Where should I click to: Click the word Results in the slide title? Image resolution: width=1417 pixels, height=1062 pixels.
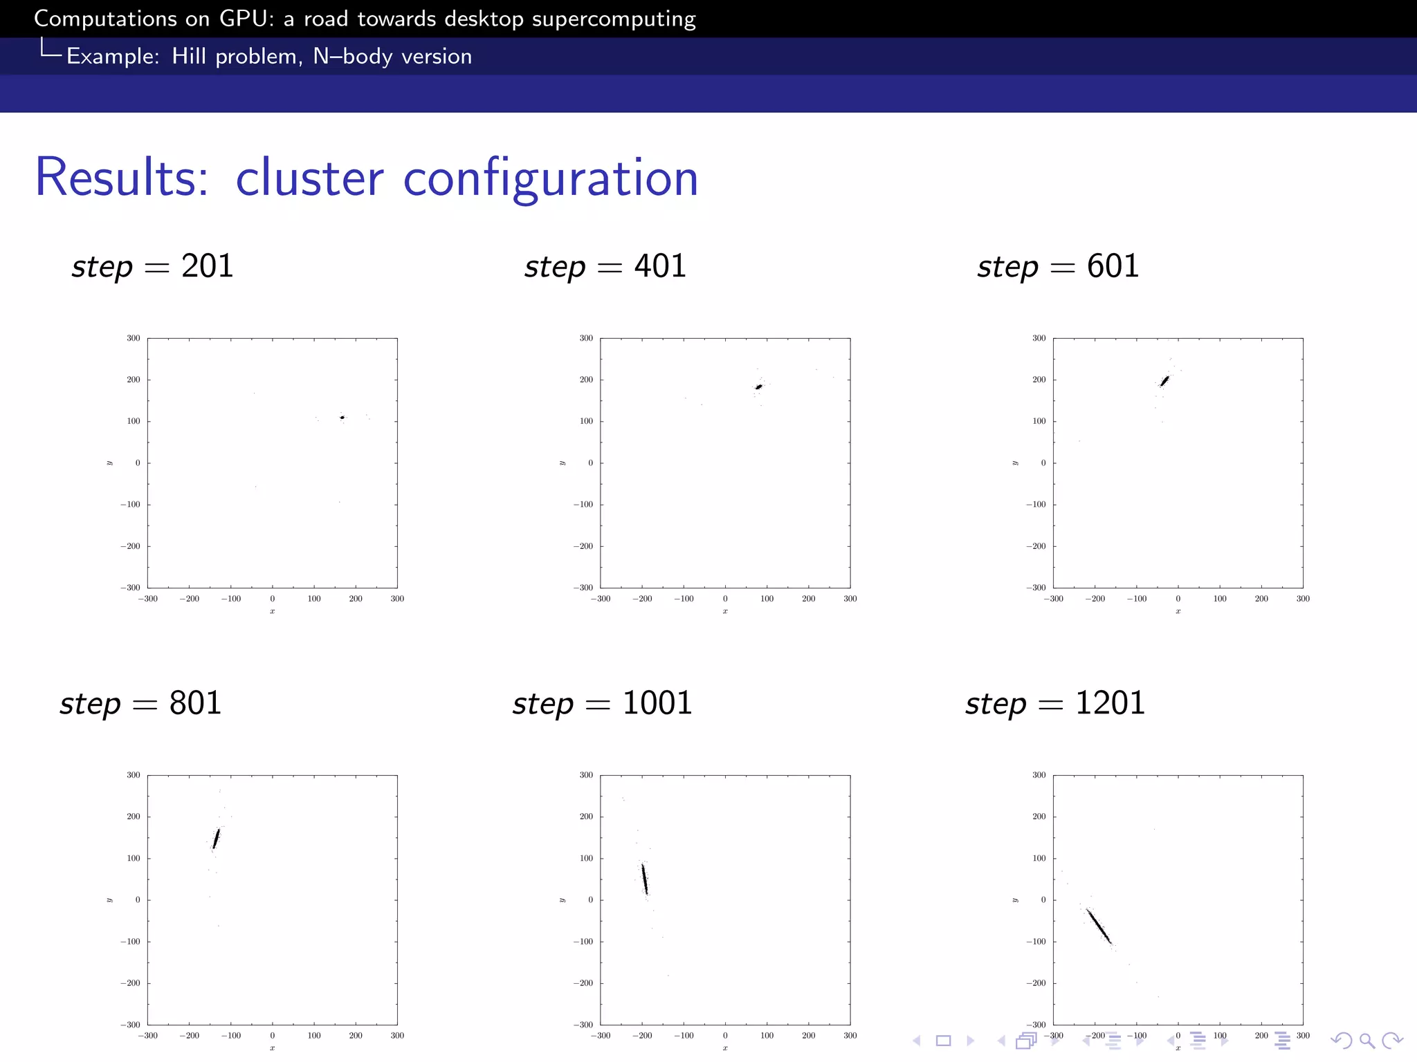(121, 178)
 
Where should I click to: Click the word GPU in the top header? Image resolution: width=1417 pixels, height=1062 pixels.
(241, 19)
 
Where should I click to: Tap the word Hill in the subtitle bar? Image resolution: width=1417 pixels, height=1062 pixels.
(189, 56)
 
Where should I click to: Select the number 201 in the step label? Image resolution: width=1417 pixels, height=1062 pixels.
(208, 266)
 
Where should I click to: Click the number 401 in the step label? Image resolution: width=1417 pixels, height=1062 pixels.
(660, 266)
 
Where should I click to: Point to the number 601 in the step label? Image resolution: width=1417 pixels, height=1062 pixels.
(1113, 266)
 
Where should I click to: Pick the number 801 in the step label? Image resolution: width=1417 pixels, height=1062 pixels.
(195, 703)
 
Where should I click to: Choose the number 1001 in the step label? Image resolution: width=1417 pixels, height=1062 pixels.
(657, 703)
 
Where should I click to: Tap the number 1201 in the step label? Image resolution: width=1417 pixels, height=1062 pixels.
(1110, 703)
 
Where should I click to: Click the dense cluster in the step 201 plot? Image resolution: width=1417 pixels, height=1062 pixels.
(342, 418)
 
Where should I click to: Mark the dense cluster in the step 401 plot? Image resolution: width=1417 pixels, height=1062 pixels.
(758, 387)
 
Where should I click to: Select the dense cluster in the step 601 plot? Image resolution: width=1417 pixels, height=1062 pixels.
(1164, 381)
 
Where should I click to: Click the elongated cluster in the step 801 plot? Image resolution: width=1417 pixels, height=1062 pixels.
(216, 839)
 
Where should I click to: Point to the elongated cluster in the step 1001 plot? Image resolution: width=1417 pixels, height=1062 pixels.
(645, 879)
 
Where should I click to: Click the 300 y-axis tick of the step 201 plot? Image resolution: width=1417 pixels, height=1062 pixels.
(133, 338)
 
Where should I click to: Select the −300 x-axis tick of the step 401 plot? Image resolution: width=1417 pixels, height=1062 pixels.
(600, 599)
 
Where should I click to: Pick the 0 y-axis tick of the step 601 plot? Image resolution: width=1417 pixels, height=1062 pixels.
(1043, 463)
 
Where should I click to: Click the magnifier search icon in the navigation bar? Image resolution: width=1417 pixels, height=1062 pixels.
(1366, 1041)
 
